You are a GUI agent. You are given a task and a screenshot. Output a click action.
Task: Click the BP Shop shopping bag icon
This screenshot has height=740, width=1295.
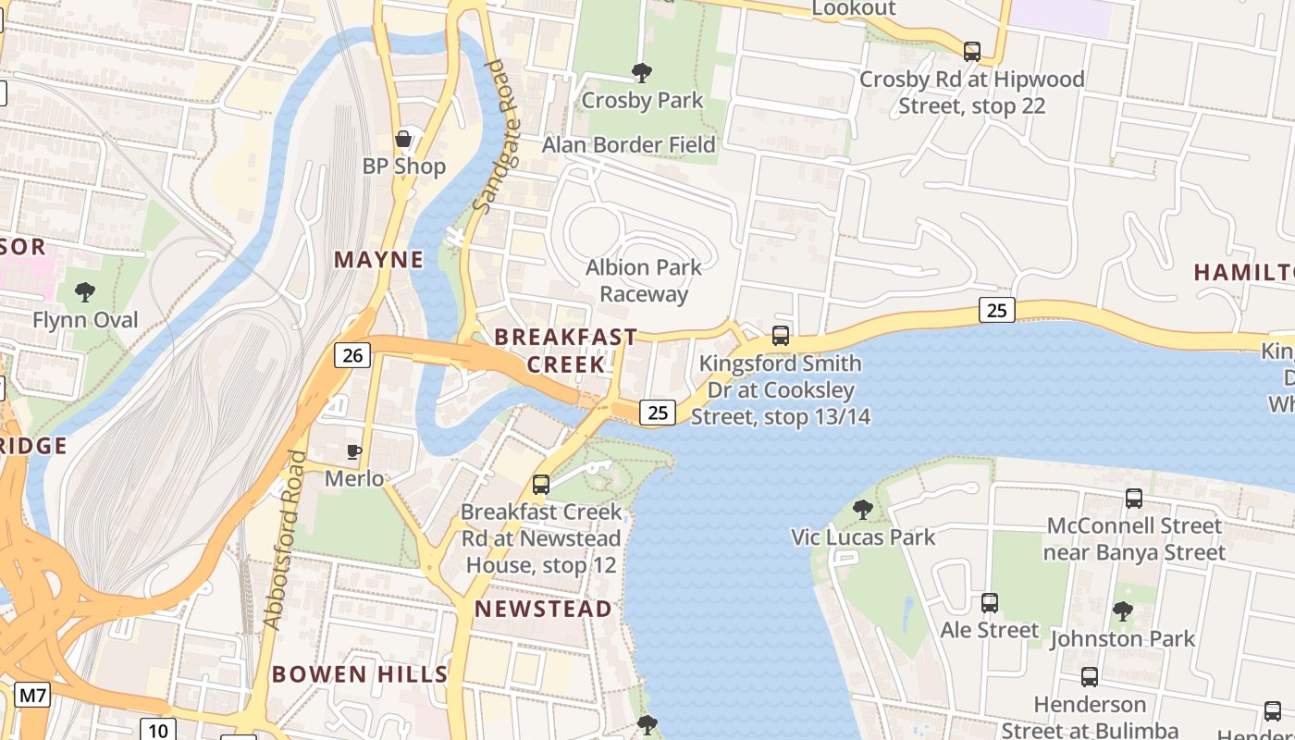pos(403,140)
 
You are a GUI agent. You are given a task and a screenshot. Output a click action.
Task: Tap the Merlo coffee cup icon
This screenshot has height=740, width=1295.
pos(353,451)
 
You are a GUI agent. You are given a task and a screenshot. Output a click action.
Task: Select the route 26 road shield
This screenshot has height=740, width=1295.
pos(355,354)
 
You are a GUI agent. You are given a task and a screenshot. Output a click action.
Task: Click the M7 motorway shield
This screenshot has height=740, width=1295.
pos(32,695)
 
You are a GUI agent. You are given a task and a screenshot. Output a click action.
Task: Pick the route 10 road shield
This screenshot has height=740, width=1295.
pos(157,729)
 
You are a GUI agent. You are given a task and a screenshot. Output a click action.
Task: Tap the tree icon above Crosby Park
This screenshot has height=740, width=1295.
pos(641,73)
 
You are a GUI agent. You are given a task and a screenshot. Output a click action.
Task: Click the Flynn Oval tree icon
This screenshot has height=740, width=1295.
pos(85,293)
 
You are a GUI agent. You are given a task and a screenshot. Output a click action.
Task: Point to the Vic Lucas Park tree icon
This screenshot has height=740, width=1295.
pos(863,510)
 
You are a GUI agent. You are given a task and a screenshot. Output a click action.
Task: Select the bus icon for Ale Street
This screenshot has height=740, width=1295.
pos(990,603)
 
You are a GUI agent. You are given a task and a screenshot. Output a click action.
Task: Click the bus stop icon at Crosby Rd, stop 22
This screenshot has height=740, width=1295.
pos(972,52)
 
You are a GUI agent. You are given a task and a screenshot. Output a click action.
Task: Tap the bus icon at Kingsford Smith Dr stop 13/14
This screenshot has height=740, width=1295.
pos(781,336)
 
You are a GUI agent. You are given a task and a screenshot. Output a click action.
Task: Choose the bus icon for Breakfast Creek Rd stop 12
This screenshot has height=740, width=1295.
pos(541,484)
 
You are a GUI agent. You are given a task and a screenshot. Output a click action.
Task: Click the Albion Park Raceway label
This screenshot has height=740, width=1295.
pos(644,280)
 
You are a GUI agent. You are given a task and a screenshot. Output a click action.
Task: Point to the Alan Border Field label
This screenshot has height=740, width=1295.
pos(628,145)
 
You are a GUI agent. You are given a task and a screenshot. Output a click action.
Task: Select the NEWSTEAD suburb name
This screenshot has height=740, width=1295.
pos(543,609)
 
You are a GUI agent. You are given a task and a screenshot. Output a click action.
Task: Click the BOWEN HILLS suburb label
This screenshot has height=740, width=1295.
pos(360,674)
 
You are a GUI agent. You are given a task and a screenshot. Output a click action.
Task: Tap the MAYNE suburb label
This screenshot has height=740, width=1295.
pos(378,260)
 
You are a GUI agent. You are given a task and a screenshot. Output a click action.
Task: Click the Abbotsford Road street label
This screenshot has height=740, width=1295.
pos(285,540)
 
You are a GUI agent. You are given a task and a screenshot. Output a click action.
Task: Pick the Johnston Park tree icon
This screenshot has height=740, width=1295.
pos(1123,611)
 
